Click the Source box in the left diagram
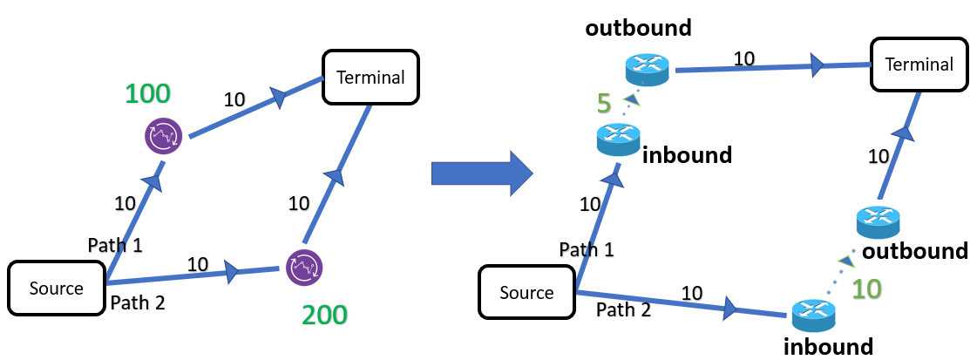(57, 288)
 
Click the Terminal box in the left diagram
(370, 77)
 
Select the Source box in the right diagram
(527, 292)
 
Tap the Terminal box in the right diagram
(919, 65)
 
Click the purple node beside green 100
(164, 136)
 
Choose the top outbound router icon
(646, 68)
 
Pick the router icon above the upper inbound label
(619, 139)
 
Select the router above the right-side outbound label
(878, 222)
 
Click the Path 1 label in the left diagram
(114, 245)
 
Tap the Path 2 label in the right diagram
(623, 309)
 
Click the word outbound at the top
(639, 27)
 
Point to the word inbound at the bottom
(827, 346)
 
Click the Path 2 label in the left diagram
(137, 303)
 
